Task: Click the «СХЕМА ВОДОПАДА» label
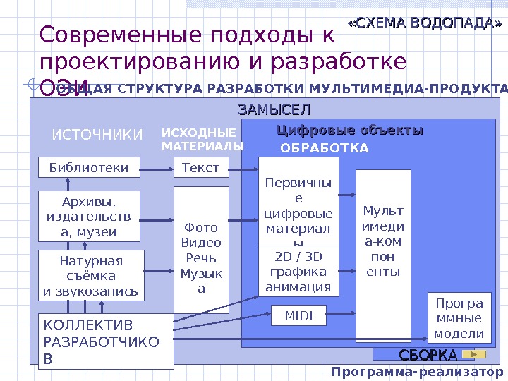tap(425, 25)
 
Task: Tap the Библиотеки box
tap(89, 168)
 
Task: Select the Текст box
tap(201, 168)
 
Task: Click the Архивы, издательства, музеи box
tap(89, 216)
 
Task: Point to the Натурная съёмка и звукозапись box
tap(91, 275)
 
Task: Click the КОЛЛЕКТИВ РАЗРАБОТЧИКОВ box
tap(105, 341)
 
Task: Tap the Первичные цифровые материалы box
tap(298, 201)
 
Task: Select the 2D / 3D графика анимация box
tap(298, 271)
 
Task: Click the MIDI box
tap(298, 315)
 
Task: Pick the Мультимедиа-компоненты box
tap(383, 241)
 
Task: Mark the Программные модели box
tap(459, 318)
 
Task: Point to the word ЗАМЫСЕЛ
tap(274, 110)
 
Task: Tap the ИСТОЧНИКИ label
tap(97, 134)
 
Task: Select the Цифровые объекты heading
tap(349, 131)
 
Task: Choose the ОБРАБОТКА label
tap(325, 148)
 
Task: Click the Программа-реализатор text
tap(418, 372)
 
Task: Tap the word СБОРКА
tap(428, 353)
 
